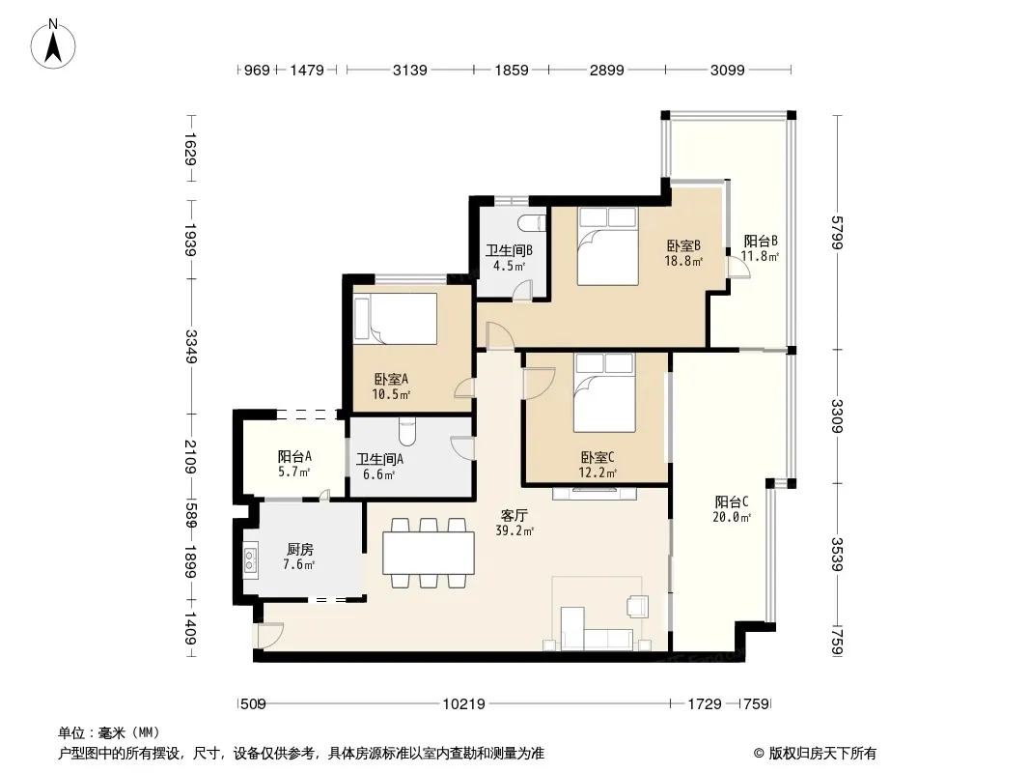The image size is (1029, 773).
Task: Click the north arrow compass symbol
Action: (x=53, y=43)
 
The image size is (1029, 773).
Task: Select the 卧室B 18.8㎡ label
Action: (x=683, y=253)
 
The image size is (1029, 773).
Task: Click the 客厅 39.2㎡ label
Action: (x=514, y=523)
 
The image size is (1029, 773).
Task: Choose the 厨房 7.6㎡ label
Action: (x=299, y=557)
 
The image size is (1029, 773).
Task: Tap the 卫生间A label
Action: (x=379, y=459)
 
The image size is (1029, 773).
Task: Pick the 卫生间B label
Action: (x=509, y=250)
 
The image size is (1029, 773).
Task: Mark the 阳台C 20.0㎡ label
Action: (x=732, y=509)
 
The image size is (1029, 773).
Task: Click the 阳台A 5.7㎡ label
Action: (x=293, y=463)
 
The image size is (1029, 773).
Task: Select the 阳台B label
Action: (x=761, y=241)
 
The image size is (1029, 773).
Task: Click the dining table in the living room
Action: (x=429, y=553)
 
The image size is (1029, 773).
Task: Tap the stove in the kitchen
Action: (x=250, y=559)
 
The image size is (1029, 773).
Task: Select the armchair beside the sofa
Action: (x=637, y=606)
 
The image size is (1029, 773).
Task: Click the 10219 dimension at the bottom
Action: (x=464, y=704)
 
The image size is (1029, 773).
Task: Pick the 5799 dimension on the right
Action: (x=836, y=233)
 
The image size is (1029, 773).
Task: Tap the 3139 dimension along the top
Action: (x=410, y=70)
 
